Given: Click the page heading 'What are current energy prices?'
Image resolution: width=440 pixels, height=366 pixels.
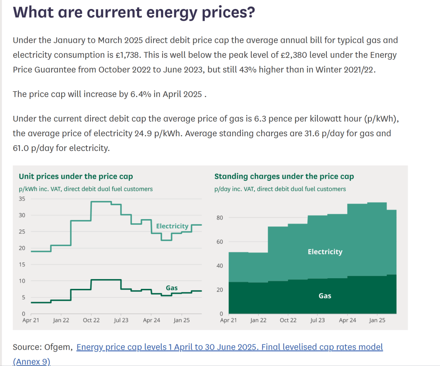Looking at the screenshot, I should pyautogui.click(x=134, y=13).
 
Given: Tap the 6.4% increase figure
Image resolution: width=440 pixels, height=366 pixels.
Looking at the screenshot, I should pyautogui.click(x=140, y=94).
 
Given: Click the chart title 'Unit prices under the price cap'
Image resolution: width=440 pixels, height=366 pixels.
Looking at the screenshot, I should pyautogui.click(x=76, y=177).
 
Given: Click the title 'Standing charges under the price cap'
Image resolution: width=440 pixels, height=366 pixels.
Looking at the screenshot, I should pyautogui.click(x=284, y=177).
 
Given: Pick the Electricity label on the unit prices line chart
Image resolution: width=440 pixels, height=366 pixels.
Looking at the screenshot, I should pyautogui.click(x=172, y=226).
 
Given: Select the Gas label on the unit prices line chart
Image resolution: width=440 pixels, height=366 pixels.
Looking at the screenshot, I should pyautogui.click(x=172, y=288).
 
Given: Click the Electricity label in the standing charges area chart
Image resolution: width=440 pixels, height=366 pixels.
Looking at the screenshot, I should pyautogui.click(x=325, y=252).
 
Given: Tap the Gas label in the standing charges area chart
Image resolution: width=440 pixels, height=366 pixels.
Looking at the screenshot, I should pyautogui.click(x=325, y=296).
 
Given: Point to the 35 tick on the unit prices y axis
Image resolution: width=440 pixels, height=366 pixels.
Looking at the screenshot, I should pyautogui.click(x=22, y=199).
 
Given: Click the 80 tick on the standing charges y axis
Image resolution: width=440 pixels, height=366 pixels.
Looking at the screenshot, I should pyautogui.click(x=220, y=218).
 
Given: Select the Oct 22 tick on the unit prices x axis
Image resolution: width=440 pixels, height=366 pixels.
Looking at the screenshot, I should pyautogui.click(x=91, y=320).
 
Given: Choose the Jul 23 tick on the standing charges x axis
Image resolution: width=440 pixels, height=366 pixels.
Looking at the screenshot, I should pyautogui.click(x=317, y=320).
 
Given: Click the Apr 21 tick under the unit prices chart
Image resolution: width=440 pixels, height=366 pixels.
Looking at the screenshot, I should pyautogui.click(x=31, y=320).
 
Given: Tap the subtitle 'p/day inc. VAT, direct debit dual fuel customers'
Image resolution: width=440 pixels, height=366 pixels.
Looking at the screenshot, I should pyautogui.click(x=280, y=189).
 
